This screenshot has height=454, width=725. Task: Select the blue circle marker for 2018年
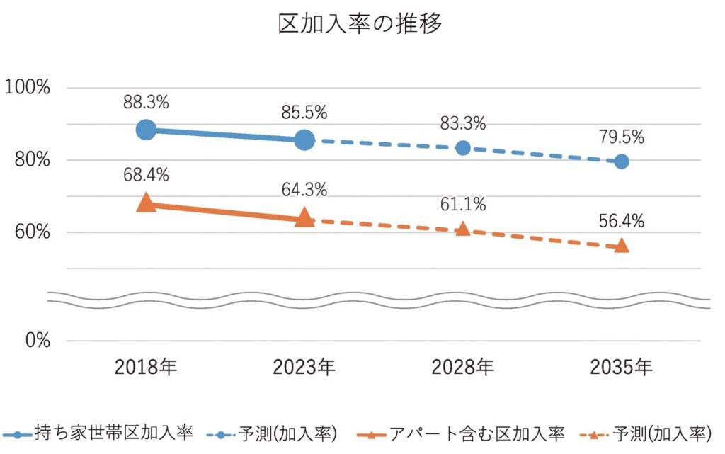pyautogui.click(x=146, y=130)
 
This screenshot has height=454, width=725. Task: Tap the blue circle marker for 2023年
pyautogui.click(x=304, y=140)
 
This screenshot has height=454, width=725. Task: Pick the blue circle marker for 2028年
pyautogui.click(x=463, y=148)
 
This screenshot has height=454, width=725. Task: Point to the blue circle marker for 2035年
pyautogui.click(x=622, y=161)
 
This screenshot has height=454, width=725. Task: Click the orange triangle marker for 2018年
pyautogui.click(x=146, y=203)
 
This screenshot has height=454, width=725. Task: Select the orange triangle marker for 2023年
pyautogui.click(x=304, y=218)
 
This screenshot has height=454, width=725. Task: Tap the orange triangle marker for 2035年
pyautogui.click(x=622, y=245)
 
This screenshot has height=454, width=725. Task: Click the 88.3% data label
pyautogui.click(x=146, y=102)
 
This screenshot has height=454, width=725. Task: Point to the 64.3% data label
pyautogui.click(x=304, y=191)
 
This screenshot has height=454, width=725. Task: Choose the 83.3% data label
pyautogui.click(x=463, y=124)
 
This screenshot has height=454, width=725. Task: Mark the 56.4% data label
pyautogui.click(x=622, y=221)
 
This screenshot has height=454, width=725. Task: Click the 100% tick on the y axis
pyautogui.click(x=28, y=89)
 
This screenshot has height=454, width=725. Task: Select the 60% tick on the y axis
pyautogui.click(x=31, y=232)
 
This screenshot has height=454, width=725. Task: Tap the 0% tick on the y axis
pyautogui.click(x=35, y=341)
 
